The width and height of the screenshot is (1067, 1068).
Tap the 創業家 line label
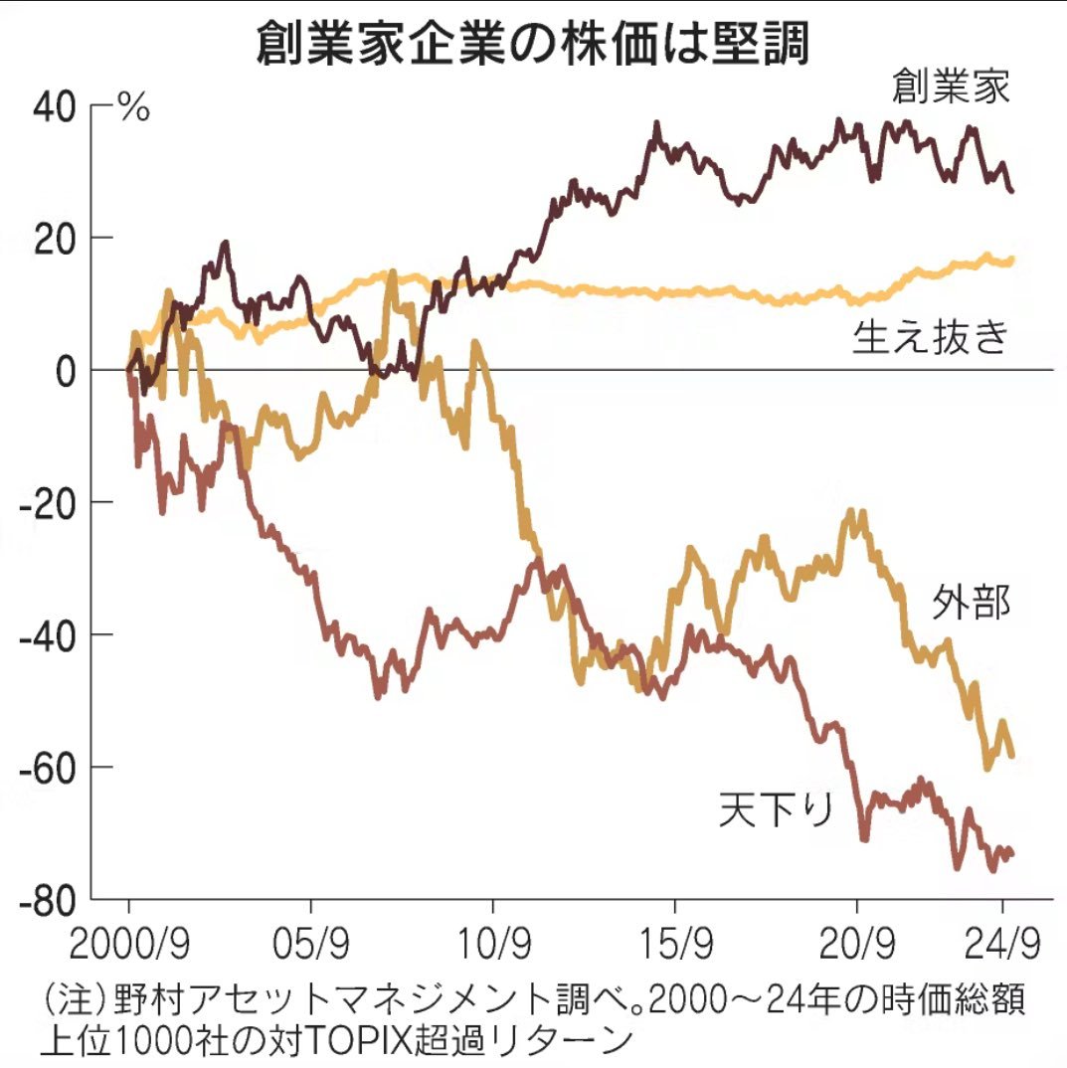(x=950, y=89)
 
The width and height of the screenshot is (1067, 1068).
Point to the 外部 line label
(x=971, y=603)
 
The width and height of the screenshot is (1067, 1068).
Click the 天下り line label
(x=776, y=810)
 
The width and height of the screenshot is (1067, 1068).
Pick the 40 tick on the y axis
(x=57, y=105)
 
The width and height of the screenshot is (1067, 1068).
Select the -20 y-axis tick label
(x=50, y=502)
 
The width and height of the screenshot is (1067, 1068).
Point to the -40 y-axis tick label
(x=50, y=634)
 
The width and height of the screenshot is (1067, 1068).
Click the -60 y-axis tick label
(x=50, y=767)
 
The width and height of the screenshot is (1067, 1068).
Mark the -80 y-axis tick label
(x=50, y=899)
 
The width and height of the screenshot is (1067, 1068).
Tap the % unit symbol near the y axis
(x=133, y=107)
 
